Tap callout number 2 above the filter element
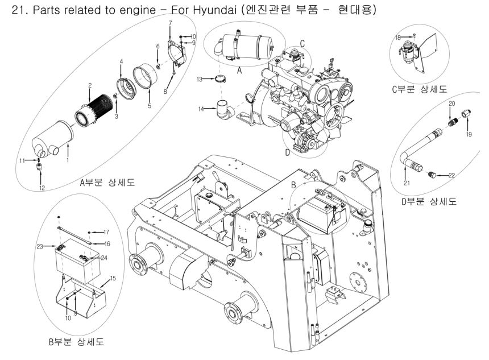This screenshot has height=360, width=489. point(90,85)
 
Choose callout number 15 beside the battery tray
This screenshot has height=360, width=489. point(113,278)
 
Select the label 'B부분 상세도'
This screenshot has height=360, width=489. point(76,343)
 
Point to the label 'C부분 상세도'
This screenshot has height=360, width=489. point(422,89)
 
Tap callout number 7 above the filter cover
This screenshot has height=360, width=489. point(170,22)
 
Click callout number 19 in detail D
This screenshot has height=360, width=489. point(469,135)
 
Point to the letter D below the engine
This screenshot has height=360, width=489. point(287,152)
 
